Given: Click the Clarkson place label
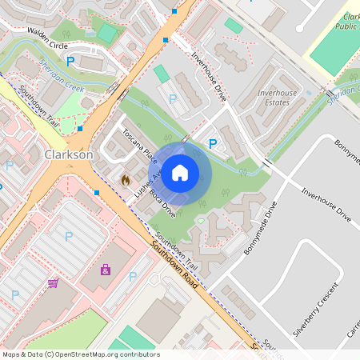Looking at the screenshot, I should pos(70,154).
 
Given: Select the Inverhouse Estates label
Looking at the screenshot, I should pos(277,98).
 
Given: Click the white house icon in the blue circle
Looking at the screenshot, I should pos(180,171).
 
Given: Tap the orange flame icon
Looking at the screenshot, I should pos(126,181).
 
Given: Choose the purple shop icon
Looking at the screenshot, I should pos(106,270).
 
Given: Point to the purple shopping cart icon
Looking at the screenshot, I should pos(53,282).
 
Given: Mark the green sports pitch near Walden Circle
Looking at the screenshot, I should pos(106,33).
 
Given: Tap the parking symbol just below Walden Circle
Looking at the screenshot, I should pos(70,61).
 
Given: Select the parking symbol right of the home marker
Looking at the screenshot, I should pos(212,144).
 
